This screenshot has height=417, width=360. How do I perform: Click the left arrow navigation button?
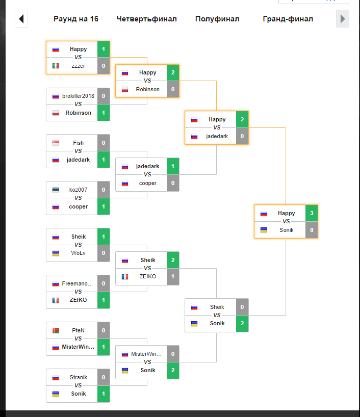pyautogui.click(x=21, y=19)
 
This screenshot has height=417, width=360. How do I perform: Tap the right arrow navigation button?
pyautogui.click(x=343, y=19)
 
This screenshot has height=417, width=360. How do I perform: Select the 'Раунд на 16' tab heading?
pyautogui.click(x=76, y=19)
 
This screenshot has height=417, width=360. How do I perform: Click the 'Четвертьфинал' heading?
pyautogui.click(x=146, y=19)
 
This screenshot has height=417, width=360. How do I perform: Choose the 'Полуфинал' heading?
pyautogui.click(x=217, y=19)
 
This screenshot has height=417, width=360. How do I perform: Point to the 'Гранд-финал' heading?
pyautogui.click(x=288, y=19)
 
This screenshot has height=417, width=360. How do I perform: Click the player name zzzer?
pyautogui.click(x=79, y=66)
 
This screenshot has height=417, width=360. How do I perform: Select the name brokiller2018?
pyautogui.click(x=78, y=96)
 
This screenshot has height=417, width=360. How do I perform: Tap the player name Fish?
pyautogui.click(x=78, y=143)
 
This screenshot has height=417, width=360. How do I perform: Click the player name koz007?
pyautogui.click(x=78, y=190)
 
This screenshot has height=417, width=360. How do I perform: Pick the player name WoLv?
pyautogui.click(x=79, y=253)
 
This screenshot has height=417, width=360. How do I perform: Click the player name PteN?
pyautogui.click(x=78, y=330)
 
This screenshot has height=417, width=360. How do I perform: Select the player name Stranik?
pyautogui.click(x=78, y=377)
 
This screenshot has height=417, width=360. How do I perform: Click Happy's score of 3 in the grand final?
pyautogui.click(x=312, y=213)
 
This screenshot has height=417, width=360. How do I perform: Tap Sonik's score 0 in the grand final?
pyautogui.click(x=312, y=230)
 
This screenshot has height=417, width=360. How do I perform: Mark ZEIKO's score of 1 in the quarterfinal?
pyautogui.click(x=173, y=276)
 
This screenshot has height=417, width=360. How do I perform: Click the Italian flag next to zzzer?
pyautogui.click(x=56, y=66)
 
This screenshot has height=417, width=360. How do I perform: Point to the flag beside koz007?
pyautogui.click(x=56, y=190)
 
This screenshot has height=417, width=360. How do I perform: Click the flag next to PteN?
pyautogui.click(x=56, y=330)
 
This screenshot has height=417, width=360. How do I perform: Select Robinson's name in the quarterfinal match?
pyautogui.click(x=147, y=89)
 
